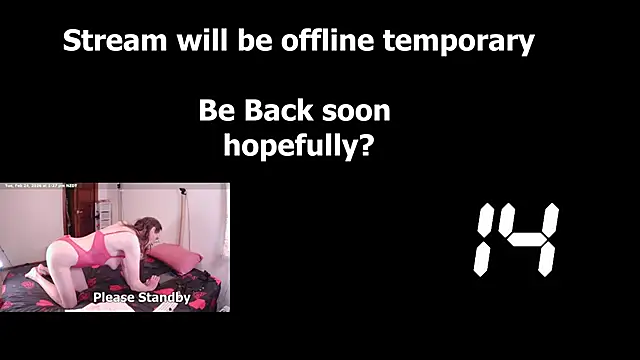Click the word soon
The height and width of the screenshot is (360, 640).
point(355,110)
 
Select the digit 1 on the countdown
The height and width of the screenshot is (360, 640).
point(486,240)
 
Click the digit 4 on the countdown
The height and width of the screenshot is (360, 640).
point(534,240)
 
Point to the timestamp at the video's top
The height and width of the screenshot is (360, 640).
point(46,186)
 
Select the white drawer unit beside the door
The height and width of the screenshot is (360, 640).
point(105,219)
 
